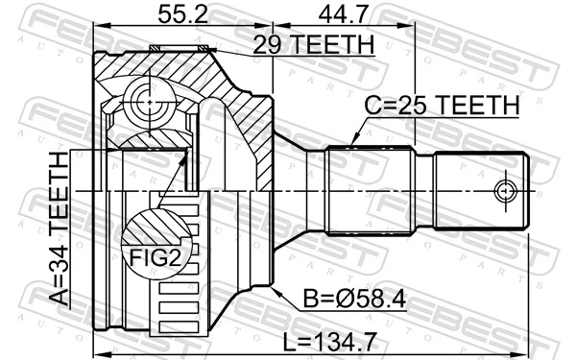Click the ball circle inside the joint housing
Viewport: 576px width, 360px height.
[145, 100]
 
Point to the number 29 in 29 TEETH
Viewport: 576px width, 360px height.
[263, 44]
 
